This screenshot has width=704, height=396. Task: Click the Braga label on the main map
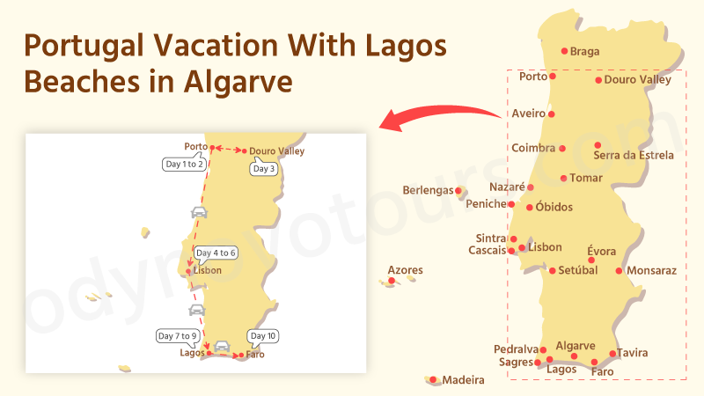[x=584, y=52]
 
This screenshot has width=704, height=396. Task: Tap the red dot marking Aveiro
[x=552, y=114]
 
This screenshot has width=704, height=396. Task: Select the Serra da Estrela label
[x=634, y=156]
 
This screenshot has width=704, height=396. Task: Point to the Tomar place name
[x=586, y=179]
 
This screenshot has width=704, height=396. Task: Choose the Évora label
[x=601, y=252]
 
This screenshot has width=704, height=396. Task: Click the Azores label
[x=405, y=270]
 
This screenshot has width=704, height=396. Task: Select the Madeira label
[x=463, y=381]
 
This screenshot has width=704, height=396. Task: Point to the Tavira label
[x=633, y=354]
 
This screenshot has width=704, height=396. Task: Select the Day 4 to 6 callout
[x=216, y=253]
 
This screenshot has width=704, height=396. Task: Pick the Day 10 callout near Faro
[x=263, y=336]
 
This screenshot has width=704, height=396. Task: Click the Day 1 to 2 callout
[x=184, y=164]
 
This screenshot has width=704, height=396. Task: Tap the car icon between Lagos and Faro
[x=222, y=346]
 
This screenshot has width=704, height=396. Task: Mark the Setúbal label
[x=578, y=271]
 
